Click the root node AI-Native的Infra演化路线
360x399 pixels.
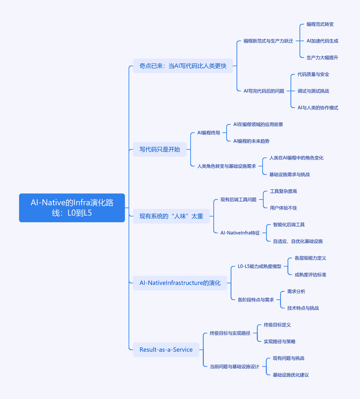pos(72,207)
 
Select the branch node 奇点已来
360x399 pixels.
pos(183,66)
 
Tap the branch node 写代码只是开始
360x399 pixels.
pos(160,149)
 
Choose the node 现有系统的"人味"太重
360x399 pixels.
pos(171,216)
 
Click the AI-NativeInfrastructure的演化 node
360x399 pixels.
pos(180,283)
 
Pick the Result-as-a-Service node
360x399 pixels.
pos(166,350)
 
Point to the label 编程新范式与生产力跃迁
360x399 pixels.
pos(268,41)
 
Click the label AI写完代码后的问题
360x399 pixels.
pos(264,91)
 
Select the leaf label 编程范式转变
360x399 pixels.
pos(320,24)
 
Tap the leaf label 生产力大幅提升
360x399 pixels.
pos(322,58)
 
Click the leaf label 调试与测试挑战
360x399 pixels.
pos(313,91)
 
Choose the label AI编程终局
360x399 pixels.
pos(209,133)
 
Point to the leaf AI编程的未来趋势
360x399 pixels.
pos(251,141)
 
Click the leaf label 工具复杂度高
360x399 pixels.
pos(283,192)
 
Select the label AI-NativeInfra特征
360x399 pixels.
pos(240,233)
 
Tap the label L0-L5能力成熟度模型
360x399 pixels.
pos(259,266)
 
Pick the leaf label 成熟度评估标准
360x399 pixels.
pos(310,275)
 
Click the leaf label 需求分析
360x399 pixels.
pos(296,292)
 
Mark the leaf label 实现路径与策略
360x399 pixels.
pos(279,341)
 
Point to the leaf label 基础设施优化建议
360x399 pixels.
pos(291,375)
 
